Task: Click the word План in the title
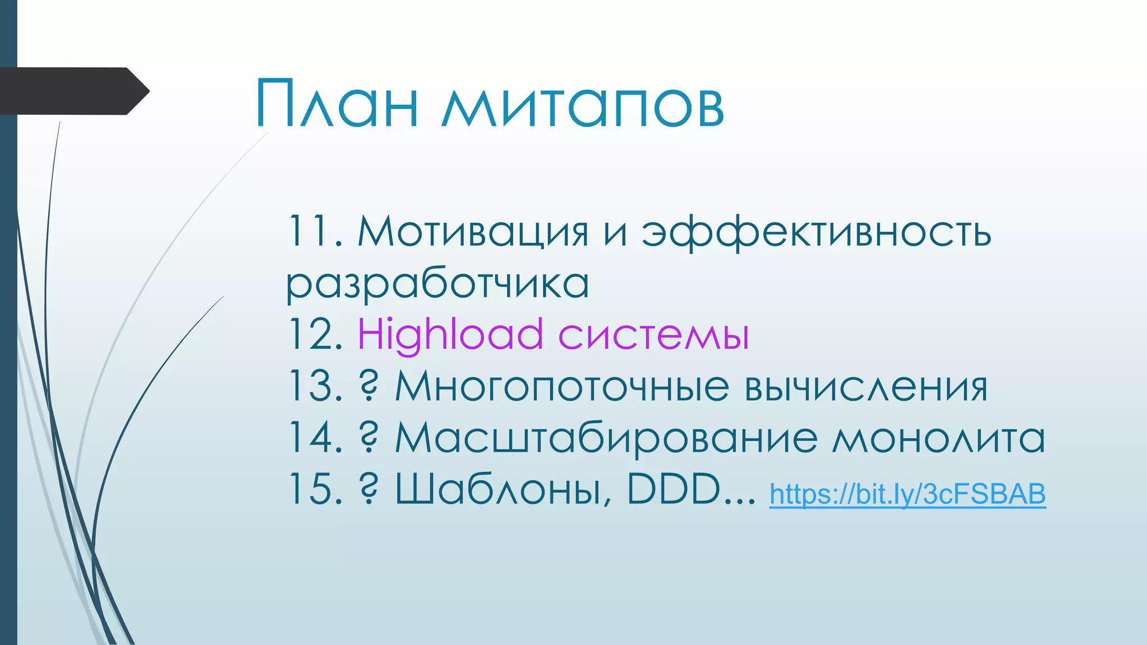pyautogui.click(x=337, y=104)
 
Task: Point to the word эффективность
pyautogui.click(x=816, y=232)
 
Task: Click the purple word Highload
pyautogui.click(x=450, y=335)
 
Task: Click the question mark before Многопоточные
pyautogui.click(x=368, y=386)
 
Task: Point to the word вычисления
pyautogui.click(x=865, y=387)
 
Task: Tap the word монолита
pyautogui.click(x=938, y=438)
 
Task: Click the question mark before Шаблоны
pyautogui.click(x=368, y=489)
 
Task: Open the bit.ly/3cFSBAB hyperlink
pyautogui.click(x=907, y=494)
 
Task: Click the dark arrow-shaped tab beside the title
pyautogui.click(x=73, y=91)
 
